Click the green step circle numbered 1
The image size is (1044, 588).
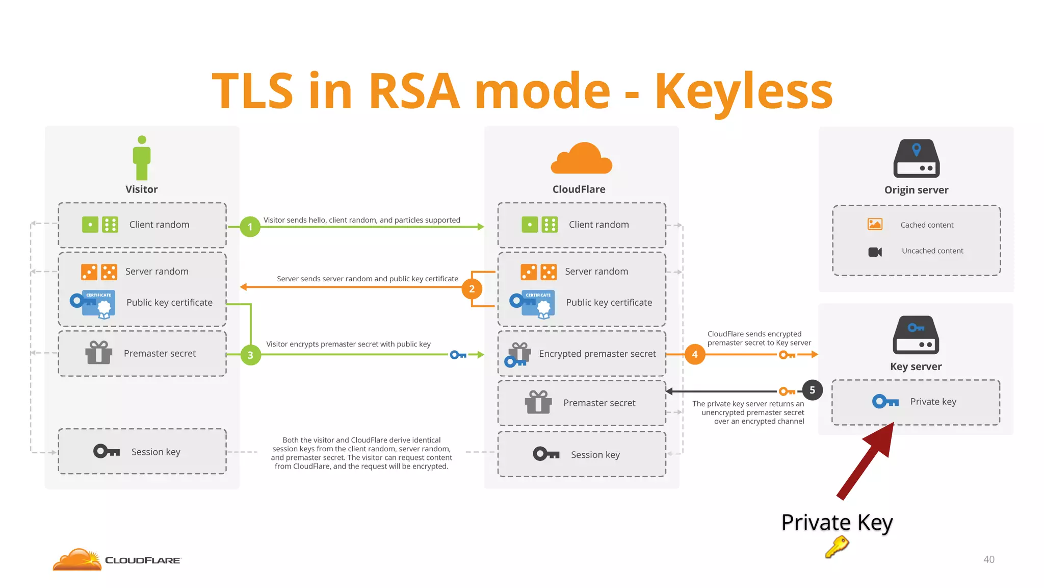tap(250, 227)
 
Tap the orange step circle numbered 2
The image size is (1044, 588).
tap(472, 289)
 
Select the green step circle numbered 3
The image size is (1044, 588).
tap(250, 355)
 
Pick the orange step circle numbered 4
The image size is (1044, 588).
tap(695, 354)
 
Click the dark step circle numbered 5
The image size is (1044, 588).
tap(812, 390)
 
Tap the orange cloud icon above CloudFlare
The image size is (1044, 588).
tap(581, 159)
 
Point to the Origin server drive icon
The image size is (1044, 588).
tap(916, 159)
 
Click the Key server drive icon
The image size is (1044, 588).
tap(916, 335)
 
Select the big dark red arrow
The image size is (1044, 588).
tap(867, 459)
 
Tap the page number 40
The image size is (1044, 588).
tap(988, 559)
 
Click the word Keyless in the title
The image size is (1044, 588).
tap(743, 92)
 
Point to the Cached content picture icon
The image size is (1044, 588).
tap(875, 224)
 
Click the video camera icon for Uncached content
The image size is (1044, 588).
tap(875, 252)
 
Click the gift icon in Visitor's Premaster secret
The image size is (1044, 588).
tap(98, 353)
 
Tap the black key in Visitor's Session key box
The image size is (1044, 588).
tap(107, 451)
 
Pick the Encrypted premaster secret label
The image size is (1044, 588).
tap(597, 354)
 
